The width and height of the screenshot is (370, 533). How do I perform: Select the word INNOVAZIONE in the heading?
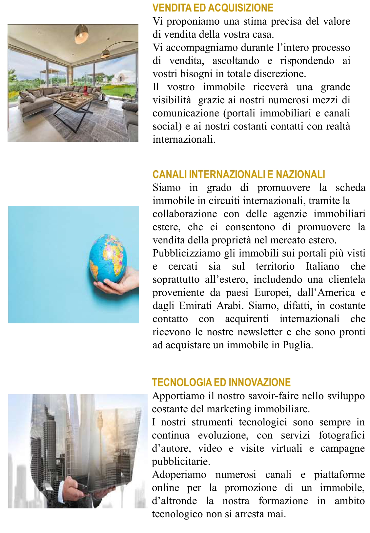[x=259, y=382]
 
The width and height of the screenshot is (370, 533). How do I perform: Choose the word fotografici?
[x=341, y=435]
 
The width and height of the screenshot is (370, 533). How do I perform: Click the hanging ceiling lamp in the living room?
[x=81, y=35]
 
